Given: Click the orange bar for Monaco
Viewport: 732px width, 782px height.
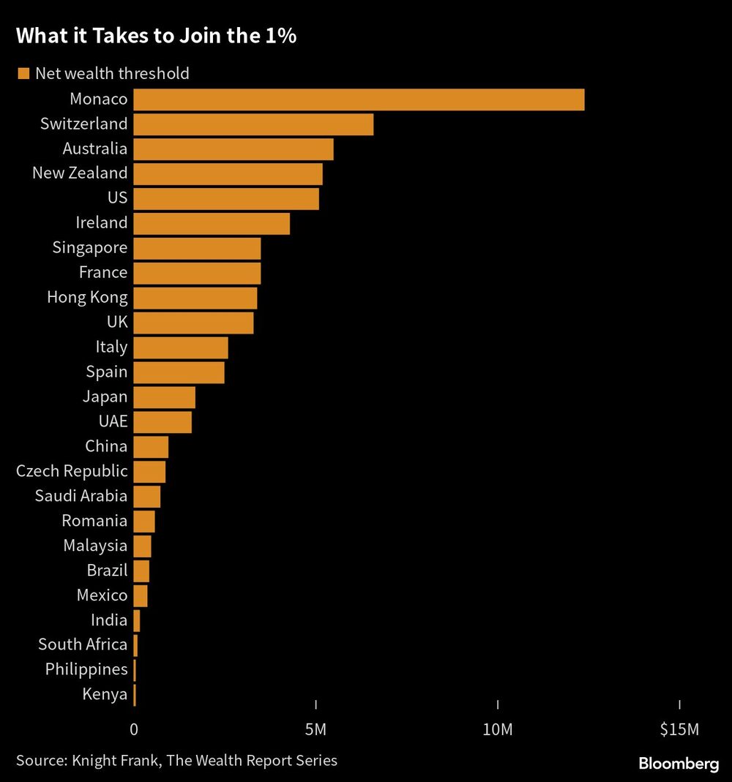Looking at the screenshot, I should point(359,99).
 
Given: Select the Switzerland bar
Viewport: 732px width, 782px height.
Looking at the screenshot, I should point(253,124).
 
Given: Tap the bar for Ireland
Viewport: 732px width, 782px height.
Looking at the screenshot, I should point(212,223).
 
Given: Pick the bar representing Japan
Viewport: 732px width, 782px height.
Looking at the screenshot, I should point(165,397).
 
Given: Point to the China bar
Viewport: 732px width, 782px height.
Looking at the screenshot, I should point(151,447).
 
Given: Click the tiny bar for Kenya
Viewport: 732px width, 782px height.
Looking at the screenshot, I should point(135,695).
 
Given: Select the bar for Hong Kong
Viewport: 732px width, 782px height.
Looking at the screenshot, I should point(195,298).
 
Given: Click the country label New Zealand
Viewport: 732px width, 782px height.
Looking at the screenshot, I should point(80,173).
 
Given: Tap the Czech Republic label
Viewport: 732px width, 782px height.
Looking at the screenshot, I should point(72,471).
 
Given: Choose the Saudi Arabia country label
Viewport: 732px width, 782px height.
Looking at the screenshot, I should point(81,496).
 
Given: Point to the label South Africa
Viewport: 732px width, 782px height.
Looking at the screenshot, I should point(83,644).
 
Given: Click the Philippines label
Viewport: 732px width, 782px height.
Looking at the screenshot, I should point(86,669).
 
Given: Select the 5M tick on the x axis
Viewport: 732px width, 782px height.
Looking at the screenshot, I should point(316,729).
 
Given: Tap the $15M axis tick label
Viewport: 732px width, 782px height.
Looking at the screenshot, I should point(679,729).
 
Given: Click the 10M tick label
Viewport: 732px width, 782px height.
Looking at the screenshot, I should point(498,729).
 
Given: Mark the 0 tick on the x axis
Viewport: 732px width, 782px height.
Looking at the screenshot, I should point(134,729).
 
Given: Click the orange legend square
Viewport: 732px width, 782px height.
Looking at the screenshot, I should point(23,73).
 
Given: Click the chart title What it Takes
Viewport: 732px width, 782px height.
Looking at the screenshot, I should point(156,37).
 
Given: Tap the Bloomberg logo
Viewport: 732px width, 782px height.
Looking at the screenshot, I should point(679,764).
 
